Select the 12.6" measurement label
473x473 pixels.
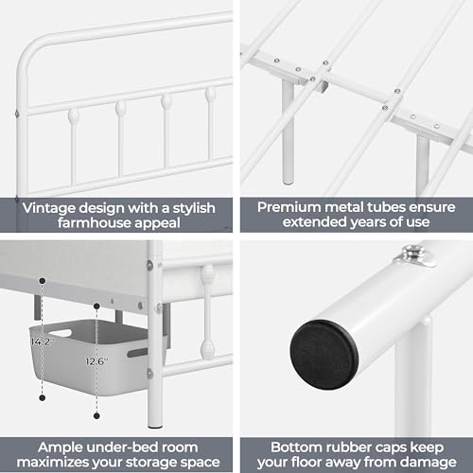click(x=94, y=359)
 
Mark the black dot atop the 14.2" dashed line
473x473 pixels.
click(x=43, y=281)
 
